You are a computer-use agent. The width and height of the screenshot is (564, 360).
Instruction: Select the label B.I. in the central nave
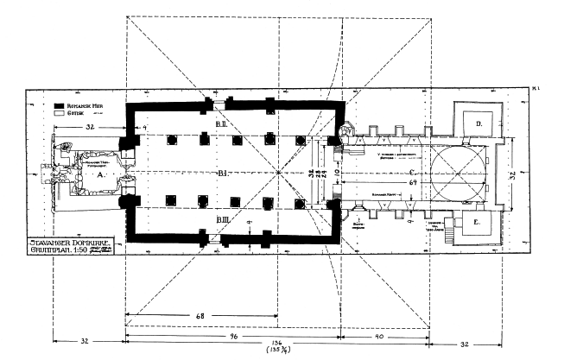point(221,174)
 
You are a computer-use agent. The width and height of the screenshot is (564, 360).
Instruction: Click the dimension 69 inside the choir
point(414,184)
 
